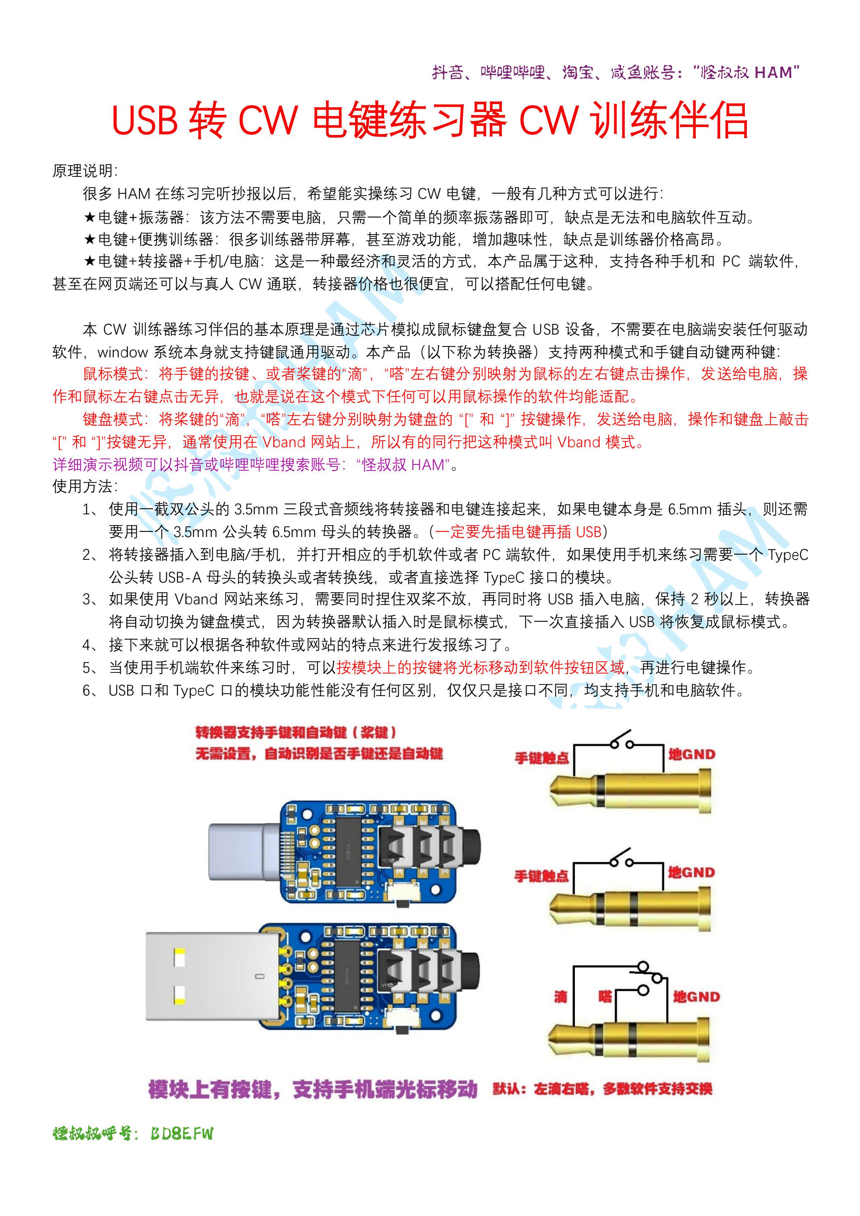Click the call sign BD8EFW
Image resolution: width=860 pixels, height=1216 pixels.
tap(181, 1133)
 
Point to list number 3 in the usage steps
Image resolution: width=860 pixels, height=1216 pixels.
tap(88, 599)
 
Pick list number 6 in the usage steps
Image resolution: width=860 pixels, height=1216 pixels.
tap(88, 690)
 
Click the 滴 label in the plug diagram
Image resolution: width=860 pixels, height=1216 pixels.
tap(561, 997)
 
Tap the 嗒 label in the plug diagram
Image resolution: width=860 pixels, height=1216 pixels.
tap(605, 997)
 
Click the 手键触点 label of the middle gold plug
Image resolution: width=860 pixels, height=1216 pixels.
tap(542, 876)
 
